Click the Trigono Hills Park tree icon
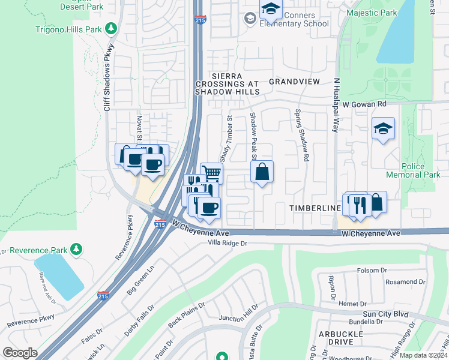(110, 28)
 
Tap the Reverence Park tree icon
(76, 248)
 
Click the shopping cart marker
(211, 173)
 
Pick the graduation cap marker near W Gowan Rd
(382, 129)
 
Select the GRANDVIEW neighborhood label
(294, 80)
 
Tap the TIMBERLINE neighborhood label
(312, 208)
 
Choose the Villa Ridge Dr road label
(228, 243)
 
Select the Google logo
(19, 353)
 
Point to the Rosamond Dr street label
(405, 281)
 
